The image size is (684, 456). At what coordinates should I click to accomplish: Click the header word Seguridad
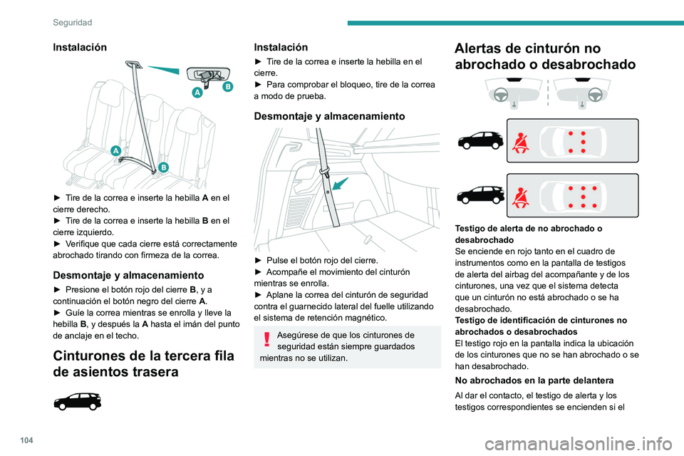tap(72, 23)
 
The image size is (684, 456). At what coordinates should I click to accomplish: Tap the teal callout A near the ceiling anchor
tap(197, 93)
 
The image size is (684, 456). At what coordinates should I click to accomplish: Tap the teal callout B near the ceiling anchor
tap(228, 86)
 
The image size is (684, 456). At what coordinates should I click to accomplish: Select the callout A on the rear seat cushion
tap(115, 150)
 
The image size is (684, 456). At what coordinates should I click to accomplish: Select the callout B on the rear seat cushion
tap(163, 167)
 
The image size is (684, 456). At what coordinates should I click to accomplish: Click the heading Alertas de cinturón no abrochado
tap(546, 56)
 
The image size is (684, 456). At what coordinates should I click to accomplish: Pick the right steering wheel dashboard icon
tap(582, 91)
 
